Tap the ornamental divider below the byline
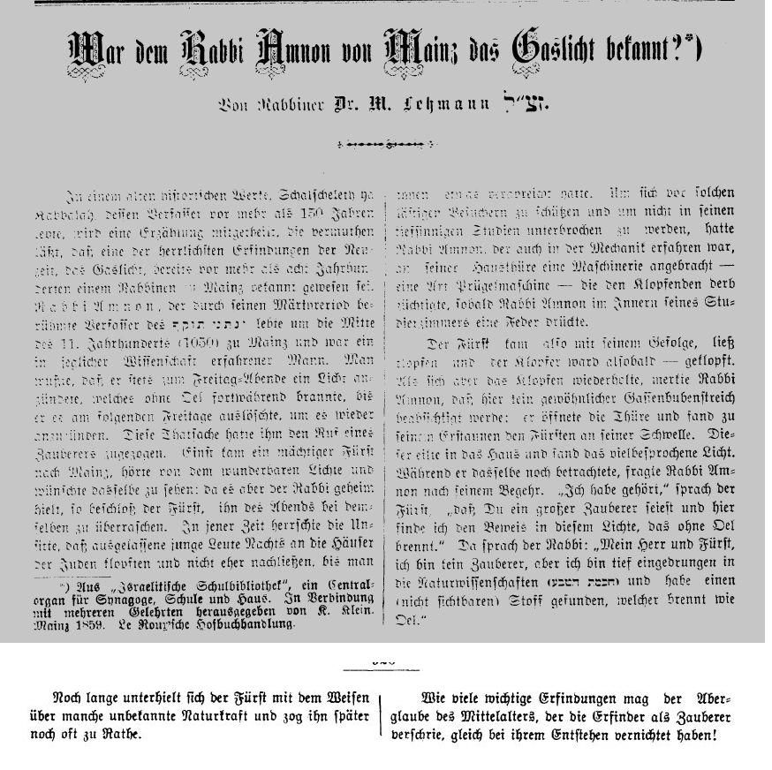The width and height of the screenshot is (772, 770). click(x=385, y=143)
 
